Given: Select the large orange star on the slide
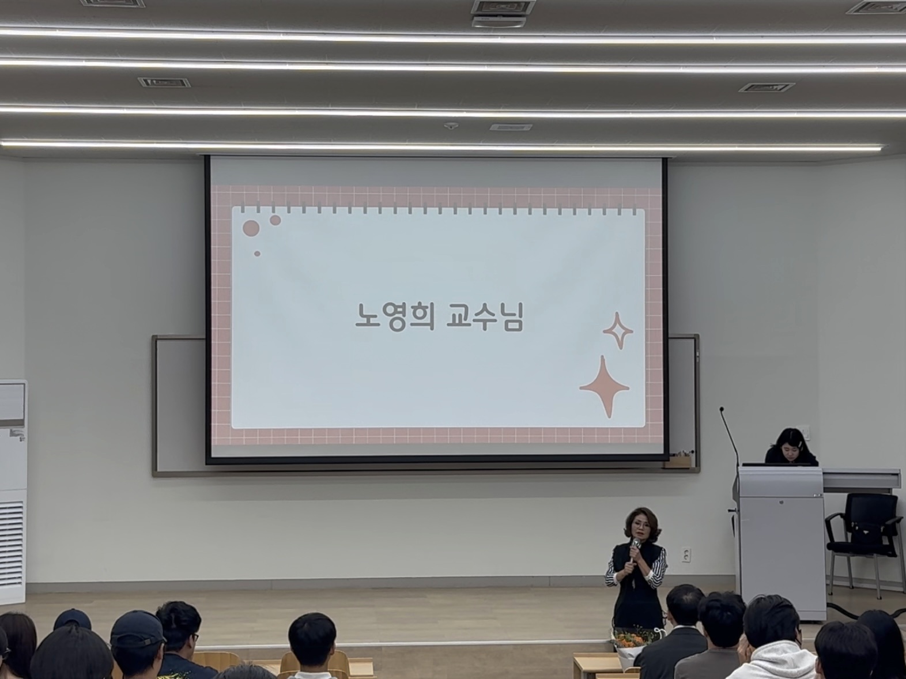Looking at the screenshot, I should tap(604, 386).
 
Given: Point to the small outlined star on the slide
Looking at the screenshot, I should tap(618, 331).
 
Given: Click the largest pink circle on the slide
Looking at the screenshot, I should tap(251, 228).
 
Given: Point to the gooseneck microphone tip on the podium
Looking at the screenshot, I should tap(722, 410).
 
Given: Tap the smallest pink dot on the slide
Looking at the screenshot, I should tap(257, 254).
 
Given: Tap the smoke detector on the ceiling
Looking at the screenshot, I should tap(451, 125).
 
